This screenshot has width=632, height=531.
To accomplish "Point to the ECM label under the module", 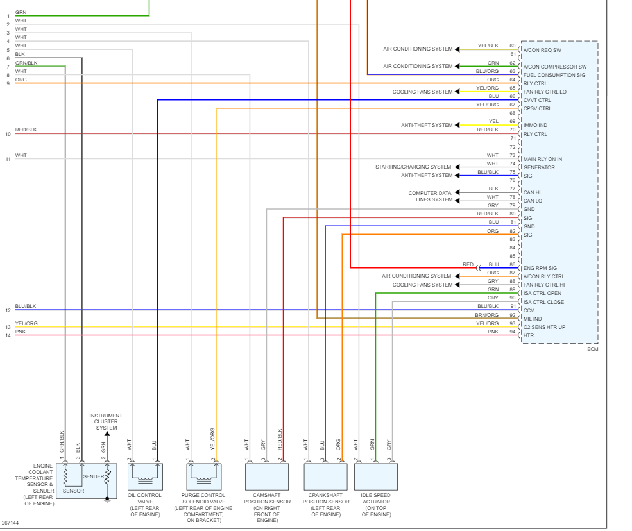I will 592,349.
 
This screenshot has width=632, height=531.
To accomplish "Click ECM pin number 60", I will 512,46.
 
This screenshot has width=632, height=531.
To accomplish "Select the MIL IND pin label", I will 533,319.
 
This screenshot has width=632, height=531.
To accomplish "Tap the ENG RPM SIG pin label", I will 540,268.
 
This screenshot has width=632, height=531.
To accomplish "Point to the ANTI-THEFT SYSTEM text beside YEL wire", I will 427,125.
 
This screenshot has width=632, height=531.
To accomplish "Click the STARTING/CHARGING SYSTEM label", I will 413,167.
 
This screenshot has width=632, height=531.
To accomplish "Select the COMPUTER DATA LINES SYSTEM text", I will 430,196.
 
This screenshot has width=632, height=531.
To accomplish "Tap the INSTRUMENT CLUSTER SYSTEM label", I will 107,422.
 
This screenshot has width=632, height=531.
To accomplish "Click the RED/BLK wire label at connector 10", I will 26,130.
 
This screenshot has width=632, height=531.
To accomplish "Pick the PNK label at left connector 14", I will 21,332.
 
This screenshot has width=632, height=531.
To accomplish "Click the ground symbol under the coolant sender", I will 107,500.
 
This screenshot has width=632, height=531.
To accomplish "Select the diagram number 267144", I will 10,523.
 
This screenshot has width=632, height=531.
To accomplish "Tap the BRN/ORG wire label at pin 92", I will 488,315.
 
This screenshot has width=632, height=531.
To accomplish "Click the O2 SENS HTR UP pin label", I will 544,327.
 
